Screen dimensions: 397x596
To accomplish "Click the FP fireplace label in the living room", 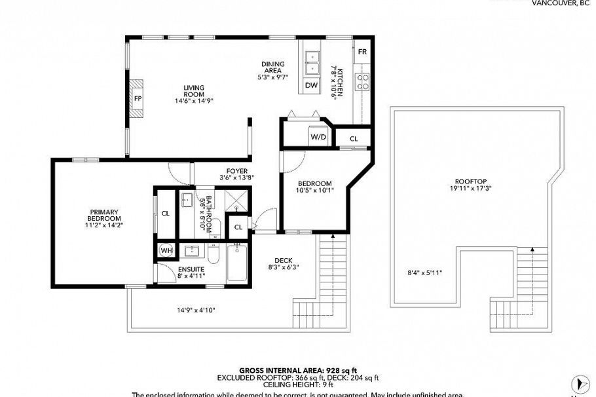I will point(138,99).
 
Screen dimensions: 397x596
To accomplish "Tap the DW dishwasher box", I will point(312,85).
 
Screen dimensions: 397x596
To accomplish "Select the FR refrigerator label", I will point(362,52).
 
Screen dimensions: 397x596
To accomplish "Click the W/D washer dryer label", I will point(318,138).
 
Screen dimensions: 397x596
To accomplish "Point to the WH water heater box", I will point(166,251).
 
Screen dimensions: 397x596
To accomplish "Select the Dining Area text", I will point(272,67).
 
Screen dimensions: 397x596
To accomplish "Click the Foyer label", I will point(236,173).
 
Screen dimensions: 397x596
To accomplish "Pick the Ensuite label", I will point(191,273).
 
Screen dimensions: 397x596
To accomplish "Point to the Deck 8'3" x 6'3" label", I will point(283,263).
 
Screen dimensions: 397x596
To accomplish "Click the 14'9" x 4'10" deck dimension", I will point(196,310).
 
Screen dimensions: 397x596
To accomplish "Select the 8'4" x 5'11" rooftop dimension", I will point(420,273).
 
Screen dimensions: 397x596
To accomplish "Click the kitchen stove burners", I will point(362,82).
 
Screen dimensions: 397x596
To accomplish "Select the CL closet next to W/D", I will point(354,139).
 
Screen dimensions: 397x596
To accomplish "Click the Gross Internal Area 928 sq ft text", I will point(297,370).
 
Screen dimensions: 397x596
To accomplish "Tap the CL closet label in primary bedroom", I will point(166,213).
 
